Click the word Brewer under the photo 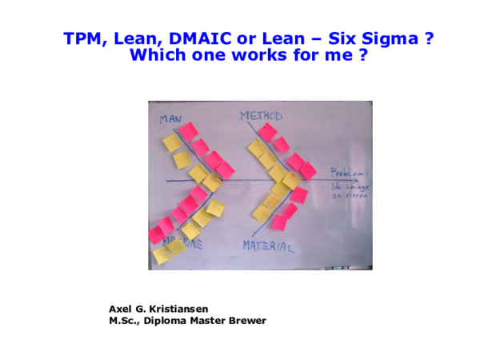[248, 321]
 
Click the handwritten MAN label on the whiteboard [170, 119]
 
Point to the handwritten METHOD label [261, 116]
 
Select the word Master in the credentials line [210, 321]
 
